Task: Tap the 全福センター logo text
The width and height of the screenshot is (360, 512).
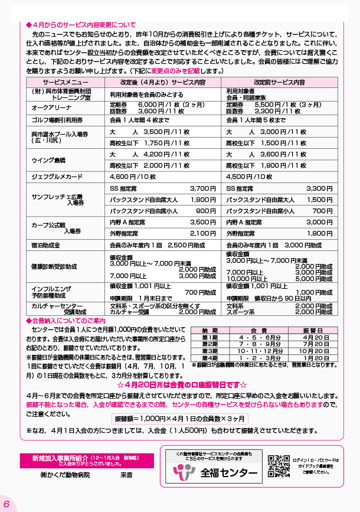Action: click(228, 473)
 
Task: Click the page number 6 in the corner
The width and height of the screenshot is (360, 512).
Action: click(6, 503)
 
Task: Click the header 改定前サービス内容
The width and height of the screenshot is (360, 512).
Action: click(280, 82)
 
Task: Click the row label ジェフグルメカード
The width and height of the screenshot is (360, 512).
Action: click(57, 176)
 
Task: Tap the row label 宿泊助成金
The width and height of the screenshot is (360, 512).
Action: click(46, 244)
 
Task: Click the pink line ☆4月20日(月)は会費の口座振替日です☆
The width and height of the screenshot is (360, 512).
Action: click(181, 382)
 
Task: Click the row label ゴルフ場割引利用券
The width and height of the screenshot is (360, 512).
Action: click(57, 120)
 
